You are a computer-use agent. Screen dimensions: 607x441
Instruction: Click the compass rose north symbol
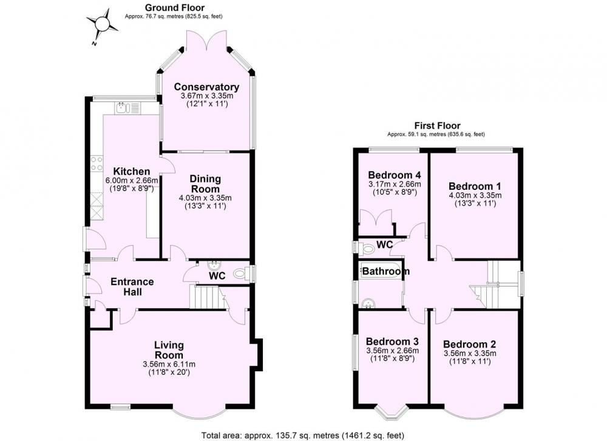pyautogui.click(x=103, y=24)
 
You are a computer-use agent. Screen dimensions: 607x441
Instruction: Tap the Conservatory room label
pyautogui.click(x=206, y=87)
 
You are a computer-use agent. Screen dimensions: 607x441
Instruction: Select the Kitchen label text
pyautogui.click(x=132, y=172)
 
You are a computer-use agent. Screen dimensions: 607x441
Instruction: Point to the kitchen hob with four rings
pyautogui.click(x=97, y=164)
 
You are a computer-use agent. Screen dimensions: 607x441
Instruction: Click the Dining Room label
pyautogui.click(x=205, y=184)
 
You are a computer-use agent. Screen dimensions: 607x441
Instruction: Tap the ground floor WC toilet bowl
pyautogui.click(x=240, y=274)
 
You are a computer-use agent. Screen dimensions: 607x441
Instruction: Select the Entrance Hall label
pyautogui.click(x=132, y=287)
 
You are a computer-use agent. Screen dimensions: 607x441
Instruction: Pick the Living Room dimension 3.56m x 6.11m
pyautogui.click(x=169, y=364)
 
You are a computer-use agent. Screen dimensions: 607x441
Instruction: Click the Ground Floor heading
pyautogui.click(x=175, y=7)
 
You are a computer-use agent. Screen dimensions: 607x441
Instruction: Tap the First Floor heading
pyautogui.click(x=438, y=126)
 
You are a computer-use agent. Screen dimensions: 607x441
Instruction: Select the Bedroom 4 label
pyautogui.click(x=395, y=175)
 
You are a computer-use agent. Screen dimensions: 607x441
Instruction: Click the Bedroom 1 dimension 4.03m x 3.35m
pyautogui.click(x=475, y=195)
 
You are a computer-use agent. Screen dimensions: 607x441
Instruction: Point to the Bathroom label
pyautogui.click(x=385, y=271)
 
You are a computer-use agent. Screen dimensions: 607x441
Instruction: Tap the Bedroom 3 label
pyautogui.click(x=392, y=342)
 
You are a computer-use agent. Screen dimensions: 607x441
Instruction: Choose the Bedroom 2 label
pyautogui.click(x=470, y=345)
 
